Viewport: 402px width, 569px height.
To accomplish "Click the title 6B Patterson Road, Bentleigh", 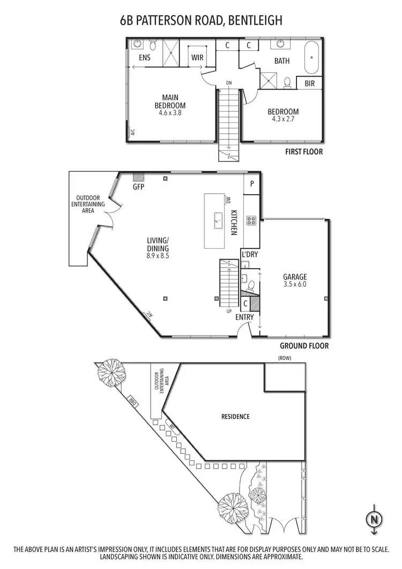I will click(201, 21).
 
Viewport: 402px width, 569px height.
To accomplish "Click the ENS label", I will click(144, 57).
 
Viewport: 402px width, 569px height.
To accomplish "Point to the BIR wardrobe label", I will click(309, 84).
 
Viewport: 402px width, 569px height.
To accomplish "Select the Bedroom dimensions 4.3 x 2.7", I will click(284, 119).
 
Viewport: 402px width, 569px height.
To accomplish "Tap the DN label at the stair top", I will click(229, 83).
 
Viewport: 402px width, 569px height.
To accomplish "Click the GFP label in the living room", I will click(139, 188).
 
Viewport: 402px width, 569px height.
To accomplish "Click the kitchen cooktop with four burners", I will click(251, 220).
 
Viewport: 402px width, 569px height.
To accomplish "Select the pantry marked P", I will click(251, 183).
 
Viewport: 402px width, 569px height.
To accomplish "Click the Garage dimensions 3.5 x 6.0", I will click(295, 284).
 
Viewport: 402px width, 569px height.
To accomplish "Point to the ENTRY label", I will click(244, 317).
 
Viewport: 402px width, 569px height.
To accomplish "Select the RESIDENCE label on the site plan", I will click(235, 416).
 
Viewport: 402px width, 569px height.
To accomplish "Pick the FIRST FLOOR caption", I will click(304, 152).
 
